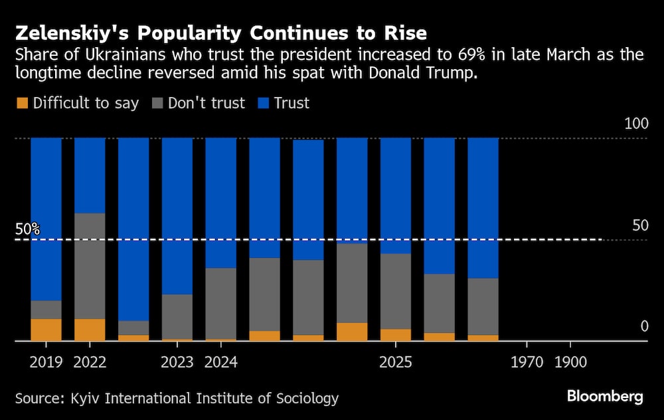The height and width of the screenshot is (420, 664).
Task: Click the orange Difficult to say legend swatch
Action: tap(22, 103)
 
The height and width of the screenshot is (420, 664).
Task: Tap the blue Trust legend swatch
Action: tap(261, 103)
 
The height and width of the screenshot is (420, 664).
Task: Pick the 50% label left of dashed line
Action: tap(27, 229)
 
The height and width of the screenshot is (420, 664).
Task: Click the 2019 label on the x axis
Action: tap(46, 363)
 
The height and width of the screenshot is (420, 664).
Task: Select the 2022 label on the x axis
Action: tap(90, 363)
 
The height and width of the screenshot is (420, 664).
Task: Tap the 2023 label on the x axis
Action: tap(177, 363)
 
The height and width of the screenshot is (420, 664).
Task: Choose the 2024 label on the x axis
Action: tap(221, 363)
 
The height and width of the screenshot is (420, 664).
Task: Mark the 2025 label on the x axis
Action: tap(396, 363)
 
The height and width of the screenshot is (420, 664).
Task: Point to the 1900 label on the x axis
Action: tap(570, 363)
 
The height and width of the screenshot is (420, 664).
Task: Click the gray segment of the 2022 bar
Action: tap(90, 266)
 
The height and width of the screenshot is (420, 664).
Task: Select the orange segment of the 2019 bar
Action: tap(46, 330)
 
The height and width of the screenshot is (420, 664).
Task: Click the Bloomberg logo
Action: tap(605, 397)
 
